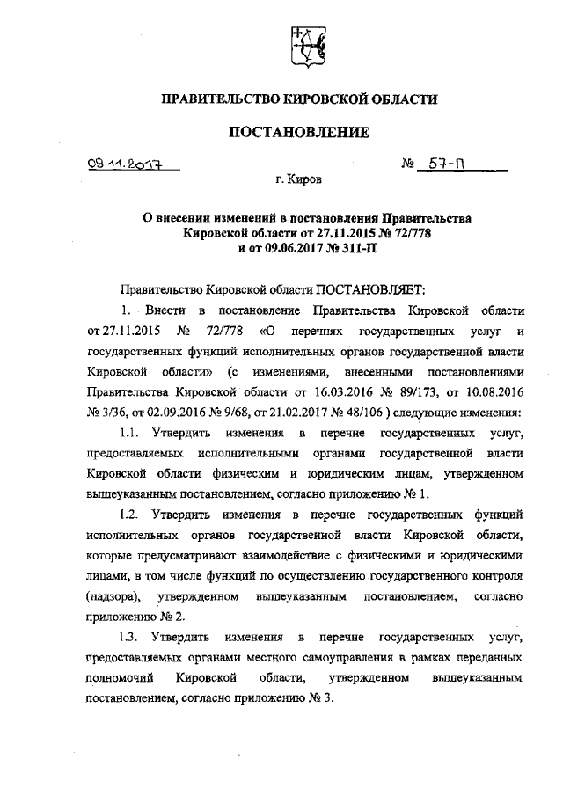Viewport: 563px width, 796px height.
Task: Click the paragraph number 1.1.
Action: point(130,435)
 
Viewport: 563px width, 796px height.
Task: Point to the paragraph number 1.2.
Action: point(130,513)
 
